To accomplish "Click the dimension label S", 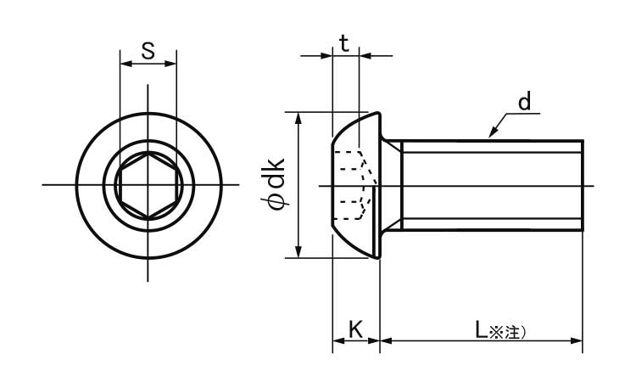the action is tap(148, 51).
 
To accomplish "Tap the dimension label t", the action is tap(344, 43).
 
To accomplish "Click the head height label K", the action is tap(355, 329).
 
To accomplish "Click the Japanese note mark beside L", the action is tap(507, 332).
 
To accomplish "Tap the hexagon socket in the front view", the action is tap(148, 186).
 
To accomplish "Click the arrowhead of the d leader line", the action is tap(492, 132).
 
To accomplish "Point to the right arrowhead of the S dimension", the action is tap(170, 64).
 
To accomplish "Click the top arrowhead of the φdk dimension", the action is tap(298, 119).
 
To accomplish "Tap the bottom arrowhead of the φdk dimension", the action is tap(298, 251).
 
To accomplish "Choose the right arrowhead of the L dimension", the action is tap(577, 340).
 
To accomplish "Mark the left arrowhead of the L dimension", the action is tap(386, 340).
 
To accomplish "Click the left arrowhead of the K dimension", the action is tap(338, 340).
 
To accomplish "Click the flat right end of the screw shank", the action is tap(583, 186).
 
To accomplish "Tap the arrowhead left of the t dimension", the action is tap(326, 56).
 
